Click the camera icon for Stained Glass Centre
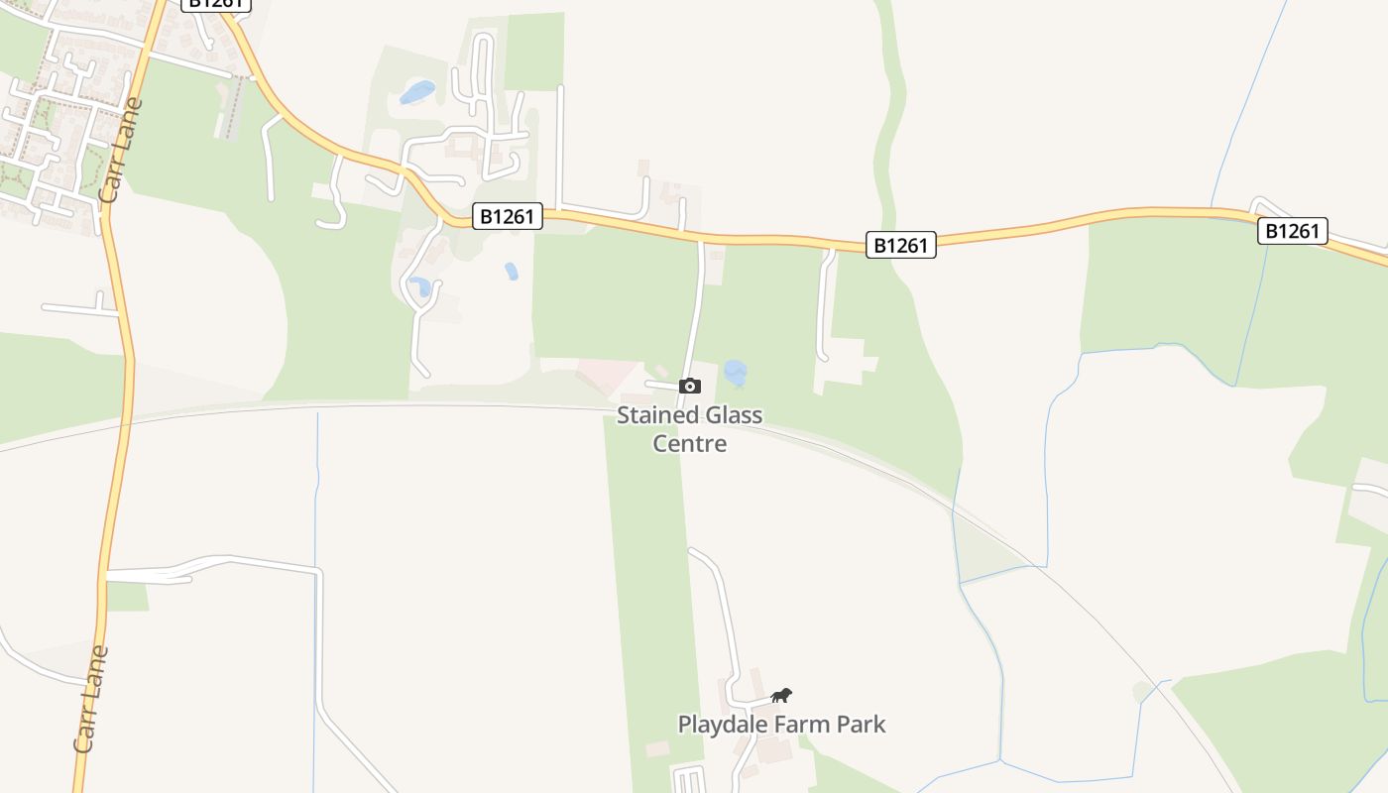point(690,386)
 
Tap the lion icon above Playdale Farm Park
point(781,695)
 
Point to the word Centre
point(689,443)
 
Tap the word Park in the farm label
point(861,725)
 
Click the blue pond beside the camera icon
point(735,374)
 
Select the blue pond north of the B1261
point(417,92)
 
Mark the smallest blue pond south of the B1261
point(512,271)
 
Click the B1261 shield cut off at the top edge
point(216,4)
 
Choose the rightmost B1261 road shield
point(1293,231)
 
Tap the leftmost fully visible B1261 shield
point(508,216)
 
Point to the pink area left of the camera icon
point(607,376)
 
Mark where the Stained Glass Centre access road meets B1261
point(703,239)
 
